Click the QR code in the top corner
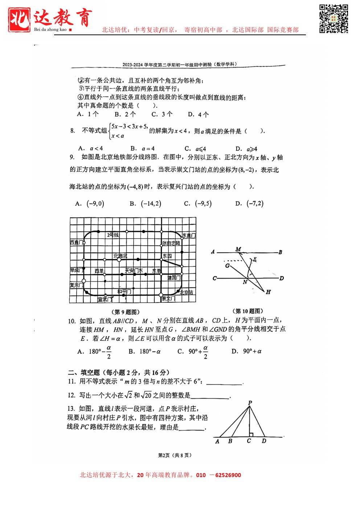click(x=334, y=19)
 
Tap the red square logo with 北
click(x=19, y=20)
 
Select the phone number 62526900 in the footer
click(x=228, y=475)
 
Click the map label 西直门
click(x=77, y=242)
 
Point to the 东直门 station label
click(x=189, y=235)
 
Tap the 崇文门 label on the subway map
click(x=168, y=299)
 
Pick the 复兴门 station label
click(x=76, y=285)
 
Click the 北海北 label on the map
click(x=120, y=256)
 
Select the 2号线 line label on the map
click(x=112, y=235)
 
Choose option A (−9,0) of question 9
click(x=90, y=204)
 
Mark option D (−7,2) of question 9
click(x=249, y=204)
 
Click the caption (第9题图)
click(x=125, y=312)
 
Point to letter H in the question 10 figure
click(x=268, y=292)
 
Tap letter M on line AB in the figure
click(x=238, y=249)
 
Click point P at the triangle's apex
click(x=250, y=403)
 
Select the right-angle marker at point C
click(x=251, y=434)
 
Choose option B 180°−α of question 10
click(x=145, y=351)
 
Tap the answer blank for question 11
click(x=224, y=382)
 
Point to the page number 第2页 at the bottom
click(x=164, y=455)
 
